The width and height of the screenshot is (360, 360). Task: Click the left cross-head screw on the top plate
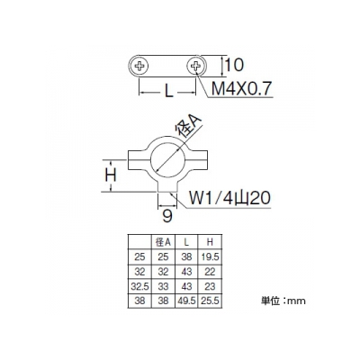(139, 66)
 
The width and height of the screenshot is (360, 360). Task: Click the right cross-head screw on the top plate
(196, 66)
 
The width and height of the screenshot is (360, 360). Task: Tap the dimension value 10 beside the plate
(234, 65)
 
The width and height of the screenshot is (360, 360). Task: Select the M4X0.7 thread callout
(241, 88)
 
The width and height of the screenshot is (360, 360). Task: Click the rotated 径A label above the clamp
(188, 126)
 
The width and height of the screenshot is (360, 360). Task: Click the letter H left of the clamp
(111, 175)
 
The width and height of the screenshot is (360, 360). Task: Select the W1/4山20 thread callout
(229, 198)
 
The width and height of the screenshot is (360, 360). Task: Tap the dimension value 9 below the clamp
(167, 216)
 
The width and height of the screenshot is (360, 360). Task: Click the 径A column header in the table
(163, 242)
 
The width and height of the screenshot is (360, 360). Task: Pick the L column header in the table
(186, 242)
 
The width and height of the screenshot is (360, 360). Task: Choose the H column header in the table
(210, 242)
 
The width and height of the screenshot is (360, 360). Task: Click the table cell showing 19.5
(210, 256)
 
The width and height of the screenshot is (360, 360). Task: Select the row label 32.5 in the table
(139, 286)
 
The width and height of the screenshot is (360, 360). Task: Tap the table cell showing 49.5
(186, 301)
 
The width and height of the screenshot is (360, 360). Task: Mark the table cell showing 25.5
(210, 301)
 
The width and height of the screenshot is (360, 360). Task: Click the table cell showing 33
(163, 286)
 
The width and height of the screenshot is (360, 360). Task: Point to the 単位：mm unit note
(283, 301)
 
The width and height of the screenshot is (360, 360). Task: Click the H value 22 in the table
(210, 272)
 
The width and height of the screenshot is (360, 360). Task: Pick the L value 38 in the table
(186, 256)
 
